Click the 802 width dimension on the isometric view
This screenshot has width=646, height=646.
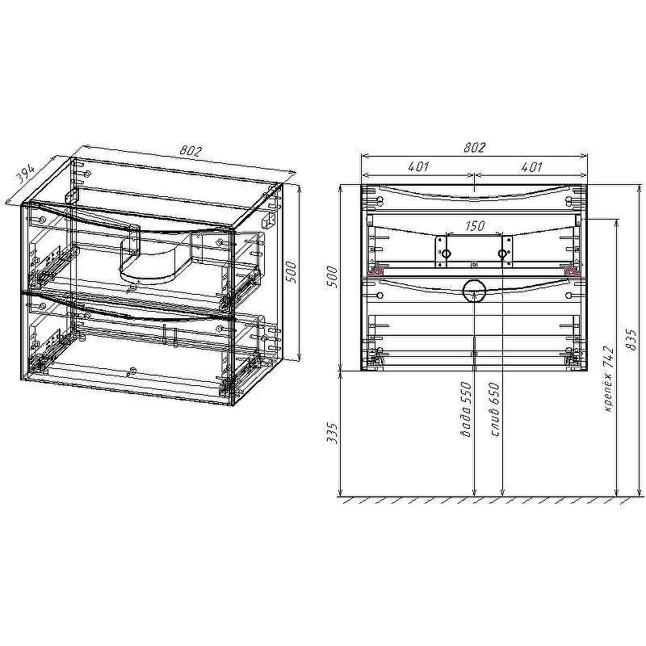[191, 151]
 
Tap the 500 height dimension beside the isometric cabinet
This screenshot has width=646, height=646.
[293, 274]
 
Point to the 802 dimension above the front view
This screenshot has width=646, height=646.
[474, 147]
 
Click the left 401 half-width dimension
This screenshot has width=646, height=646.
[417, 167]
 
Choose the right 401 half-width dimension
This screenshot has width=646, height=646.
[531, 167]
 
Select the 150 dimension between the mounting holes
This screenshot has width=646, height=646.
[474, 227]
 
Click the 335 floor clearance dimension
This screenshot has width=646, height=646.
[331, 434]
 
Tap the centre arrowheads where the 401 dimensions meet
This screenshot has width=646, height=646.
[474, 173]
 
